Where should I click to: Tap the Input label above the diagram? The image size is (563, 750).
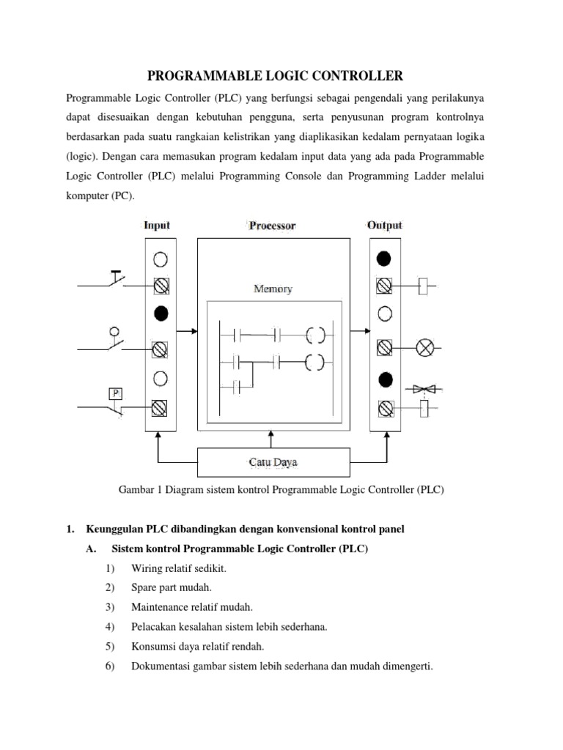pos(157,225)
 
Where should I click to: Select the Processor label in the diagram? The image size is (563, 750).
pos(272,226)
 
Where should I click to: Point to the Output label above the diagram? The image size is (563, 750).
pos(384,225)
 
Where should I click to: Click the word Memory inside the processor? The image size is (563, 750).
pos(273,289)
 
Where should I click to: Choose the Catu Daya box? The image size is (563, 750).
pos(272,462)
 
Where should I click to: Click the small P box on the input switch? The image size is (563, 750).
pos(115,393)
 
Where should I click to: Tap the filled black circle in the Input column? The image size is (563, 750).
pos(161,313)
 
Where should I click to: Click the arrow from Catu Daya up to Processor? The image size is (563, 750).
pos(272,438)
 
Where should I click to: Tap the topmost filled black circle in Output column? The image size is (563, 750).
pos(383,259)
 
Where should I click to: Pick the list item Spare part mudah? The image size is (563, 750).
pos(172,588)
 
